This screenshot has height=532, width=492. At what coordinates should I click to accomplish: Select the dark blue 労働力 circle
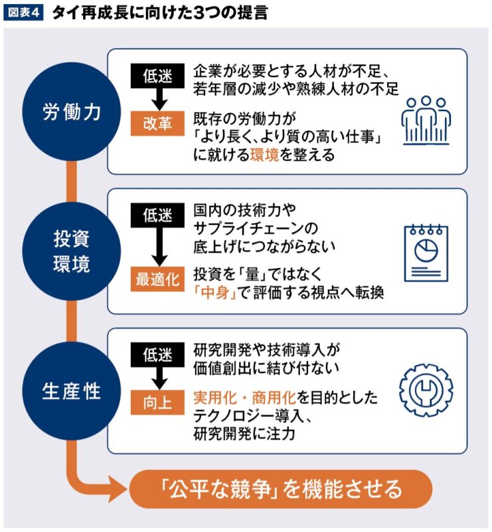(x=71, y=112)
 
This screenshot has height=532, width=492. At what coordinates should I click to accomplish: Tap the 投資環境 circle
(x=71, y=251)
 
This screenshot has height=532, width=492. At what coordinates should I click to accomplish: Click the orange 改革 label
(x=157, y=124)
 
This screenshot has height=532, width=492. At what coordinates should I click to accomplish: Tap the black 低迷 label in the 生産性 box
(x=157, y=354)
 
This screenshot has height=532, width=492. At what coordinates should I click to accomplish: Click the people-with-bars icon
(x=426, y=120)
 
